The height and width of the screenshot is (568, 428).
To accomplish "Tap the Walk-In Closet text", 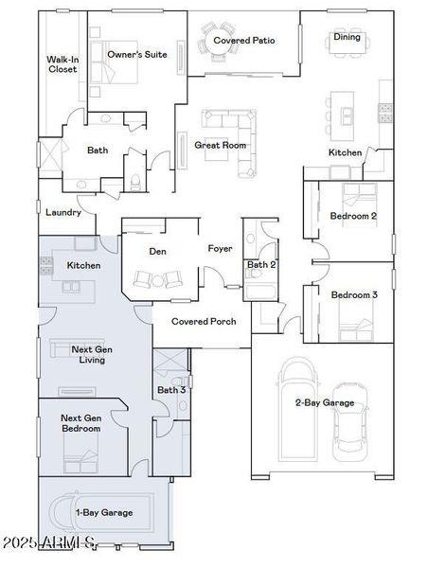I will click(x=62, y=64).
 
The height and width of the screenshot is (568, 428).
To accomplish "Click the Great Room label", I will click(x=220, y=145).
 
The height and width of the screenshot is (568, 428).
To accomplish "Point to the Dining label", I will click(x=347, y=37).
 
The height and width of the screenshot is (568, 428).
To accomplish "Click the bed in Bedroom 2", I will click(x=357, y=196).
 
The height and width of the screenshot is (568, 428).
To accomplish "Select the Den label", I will click(x=158, y=252).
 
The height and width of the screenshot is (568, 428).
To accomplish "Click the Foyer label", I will click(x=221, y=248).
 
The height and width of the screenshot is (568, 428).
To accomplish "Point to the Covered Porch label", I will click(x=203, y=321).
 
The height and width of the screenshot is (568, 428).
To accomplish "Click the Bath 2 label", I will click(x=261, y=264).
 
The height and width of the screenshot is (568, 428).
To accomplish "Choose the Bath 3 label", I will click(x=171, y=389).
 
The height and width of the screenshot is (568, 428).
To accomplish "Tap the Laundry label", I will click(x=63, y=212).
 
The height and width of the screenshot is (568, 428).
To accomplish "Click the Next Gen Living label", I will click(x=94, y=354).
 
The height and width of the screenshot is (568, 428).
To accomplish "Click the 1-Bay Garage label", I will click(x=104, y=512).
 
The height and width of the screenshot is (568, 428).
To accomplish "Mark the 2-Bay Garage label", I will click(x=324, y=402).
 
